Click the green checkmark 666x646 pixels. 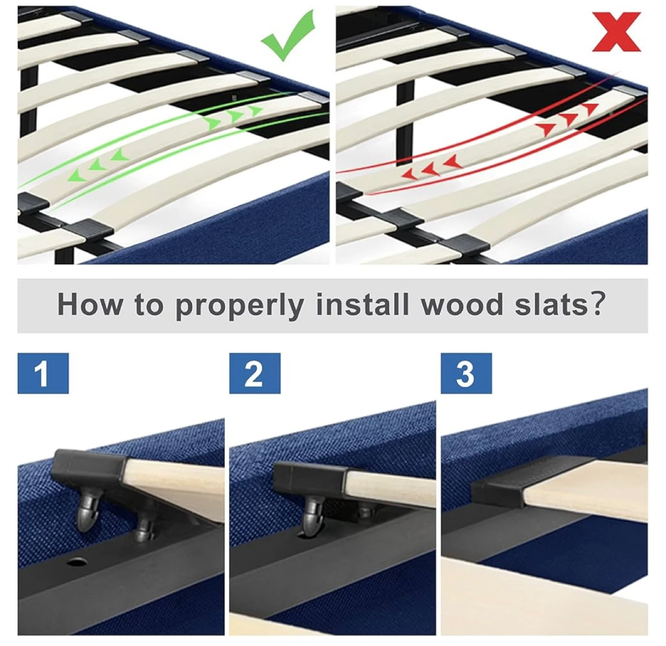point(288,36)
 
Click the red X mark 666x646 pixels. point(617,31)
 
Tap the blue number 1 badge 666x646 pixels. point(43,373)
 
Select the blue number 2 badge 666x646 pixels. point(255,373)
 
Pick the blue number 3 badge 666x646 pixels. point(466,373)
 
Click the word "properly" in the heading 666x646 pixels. point(240,305)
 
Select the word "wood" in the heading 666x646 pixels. point(462,305)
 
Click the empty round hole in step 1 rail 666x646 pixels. point(77,562)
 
